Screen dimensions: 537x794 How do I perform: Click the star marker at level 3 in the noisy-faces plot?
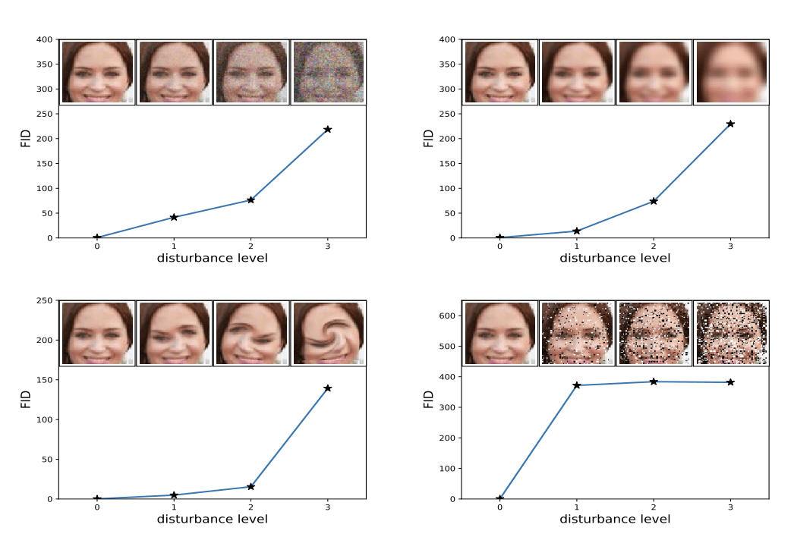327,129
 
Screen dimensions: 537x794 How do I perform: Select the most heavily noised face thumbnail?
328,72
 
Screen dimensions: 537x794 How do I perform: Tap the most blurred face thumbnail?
731,72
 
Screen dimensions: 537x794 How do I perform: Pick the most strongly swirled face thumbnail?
328,333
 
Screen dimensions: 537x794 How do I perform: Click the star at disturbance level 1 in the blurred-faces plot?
576,231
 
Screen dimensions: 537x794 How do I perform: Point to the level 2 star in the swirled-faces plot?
250,486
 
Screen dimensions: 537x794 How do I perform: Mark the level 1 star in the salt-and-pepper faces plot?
576,385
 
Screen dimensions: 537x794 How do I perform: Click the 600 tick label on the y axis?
446,316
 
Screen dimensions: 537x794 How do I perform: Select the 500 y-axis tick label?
446,347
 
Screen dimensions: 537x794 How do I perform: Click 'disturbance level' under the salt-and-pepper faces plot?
615,520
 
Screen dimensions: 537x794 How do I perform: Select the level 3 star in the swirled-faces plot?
327,388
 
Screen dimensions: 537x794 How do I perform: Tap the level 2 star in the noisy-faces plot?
250,199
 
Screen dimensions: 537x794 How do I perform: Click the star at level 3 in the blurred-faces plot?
730,124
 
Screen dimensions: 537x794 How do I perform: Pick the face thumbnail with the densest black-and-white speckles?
731,333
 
